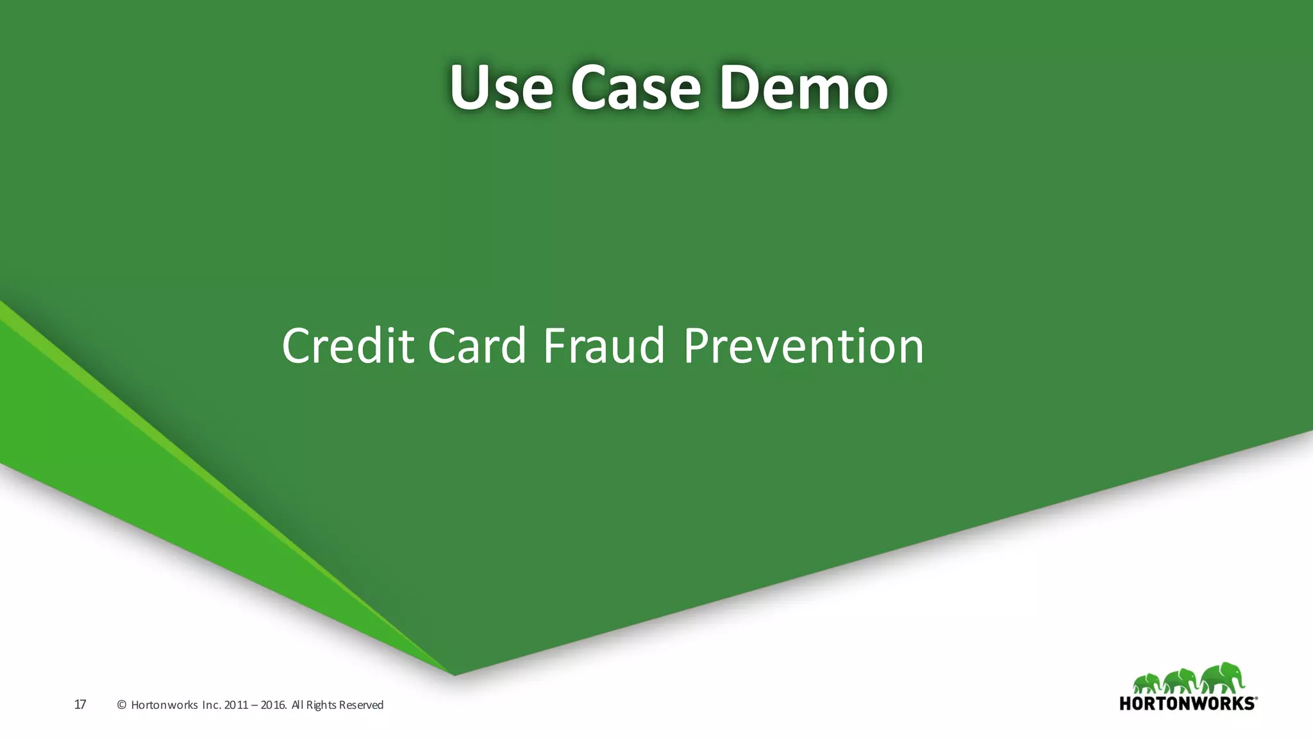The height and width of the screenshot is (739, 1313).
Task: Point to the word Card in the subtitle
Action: click(x=477, y=346)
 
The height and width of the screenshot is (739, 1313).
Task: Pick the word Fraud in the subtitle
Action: click(x=604, y=346)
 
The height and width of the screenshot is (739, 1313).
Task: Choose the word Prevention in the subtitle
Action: click(x=803, y=346)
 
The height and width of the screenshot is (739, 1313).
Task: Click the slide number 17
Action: click(x=80, y=705)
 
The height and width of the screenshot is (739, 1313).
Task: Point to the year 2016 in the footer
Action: click(x=274, y=705)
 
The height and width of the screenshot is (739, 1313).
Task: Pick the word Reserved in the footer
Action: click(x=361, y=705)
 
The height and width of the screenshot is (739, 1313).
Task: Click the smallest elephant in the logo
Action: click(x=1146, y=684)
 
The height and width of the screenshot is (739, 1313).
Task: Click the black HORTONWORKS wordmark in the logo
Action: click(x=1187, y=703)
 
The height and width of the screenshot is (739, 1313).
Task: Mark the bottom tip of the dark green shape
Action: click(x=455, y=675)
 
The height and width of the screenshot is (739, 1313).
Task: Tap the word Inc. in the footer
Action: click(x=212, y=705)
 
